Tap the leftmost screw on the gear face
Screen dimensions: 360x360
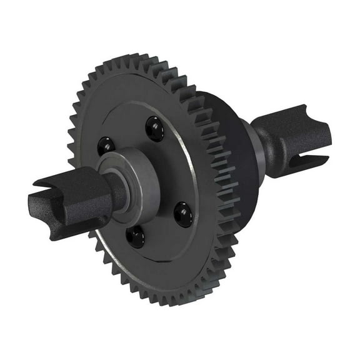coord(106,148)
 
